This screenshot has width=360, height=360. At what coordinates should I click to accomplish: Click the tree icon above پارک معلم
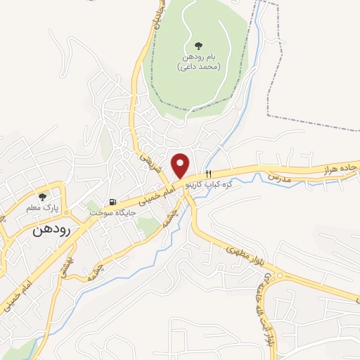(43, 197)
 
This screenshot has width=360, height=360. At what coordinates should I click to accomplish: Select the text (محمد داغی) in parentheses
(198, 67)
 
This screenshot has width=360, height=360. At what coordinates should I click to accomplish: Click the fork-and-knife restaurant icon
(208, 174)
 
